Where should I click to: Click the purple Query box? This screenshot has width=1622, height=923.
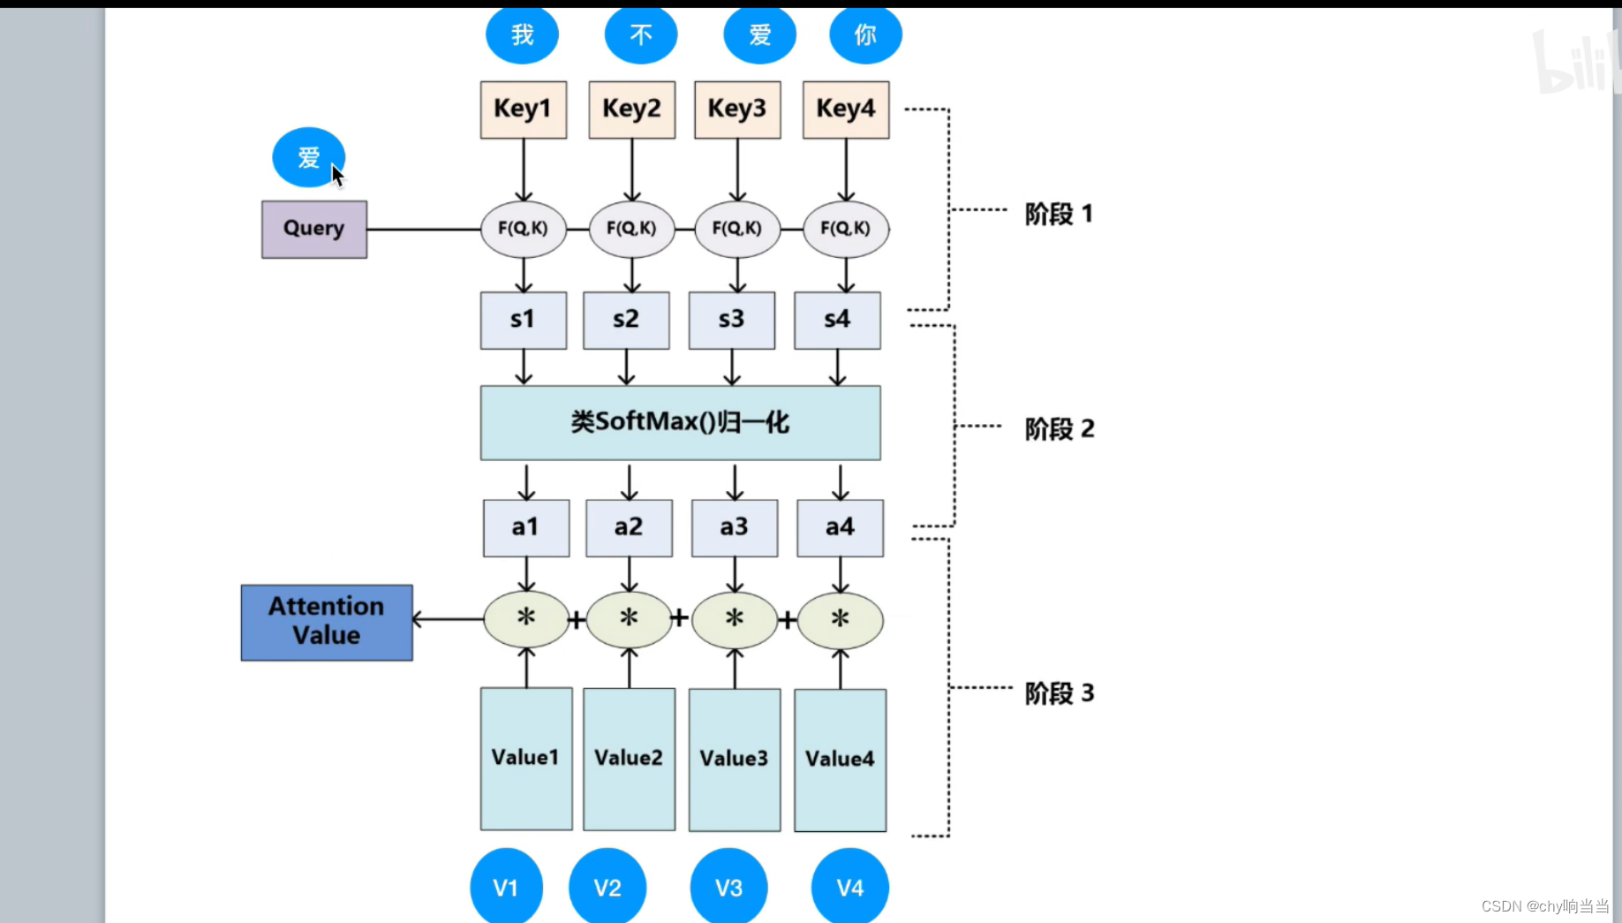[314, 230]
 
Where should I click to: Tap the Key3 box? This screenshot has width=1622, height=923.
[737, 110]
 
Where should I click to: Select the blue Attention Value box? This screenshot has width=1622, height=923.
[327, 622]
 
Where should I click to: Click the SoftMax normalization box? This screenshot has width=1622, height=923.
[680, 422]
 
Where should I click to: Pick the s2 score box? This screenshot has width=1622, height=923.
[626, 320]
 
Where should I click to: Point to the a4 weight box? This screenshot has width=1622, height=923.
[840, 527]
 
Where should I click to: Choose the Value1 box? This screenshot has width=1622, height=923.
[526, 759]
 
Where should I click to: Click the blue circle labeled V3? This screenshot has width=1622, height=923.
[728, 887]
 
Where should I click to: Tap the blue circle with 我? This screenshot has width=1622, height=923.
[522, 35]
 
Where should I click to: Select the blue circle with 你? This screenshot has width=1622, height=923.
[865, 35]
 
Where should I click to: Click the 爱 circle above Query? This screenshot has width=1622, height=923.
[308, 157]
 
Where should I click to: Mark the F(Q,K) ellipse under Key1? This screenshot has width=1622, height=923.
[523, 229]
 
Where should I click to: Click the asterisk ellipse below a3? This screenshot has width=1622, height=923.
[734, 619]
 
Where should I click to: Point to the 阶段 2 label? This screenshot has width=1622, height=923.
[1059, 429]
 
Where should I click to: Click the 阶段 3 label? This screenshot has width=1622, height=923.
[1059, 693]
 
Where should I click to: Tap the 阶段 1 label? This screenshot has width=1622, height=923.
[1059, 214]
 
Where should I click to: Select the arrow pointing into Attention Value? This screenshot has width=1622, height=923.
[447, 619]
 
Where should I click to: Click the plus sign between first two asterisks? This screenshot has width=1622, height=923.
[577, 619]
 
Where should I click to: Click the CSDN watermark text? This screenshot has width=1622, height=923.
[1544, 906]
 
